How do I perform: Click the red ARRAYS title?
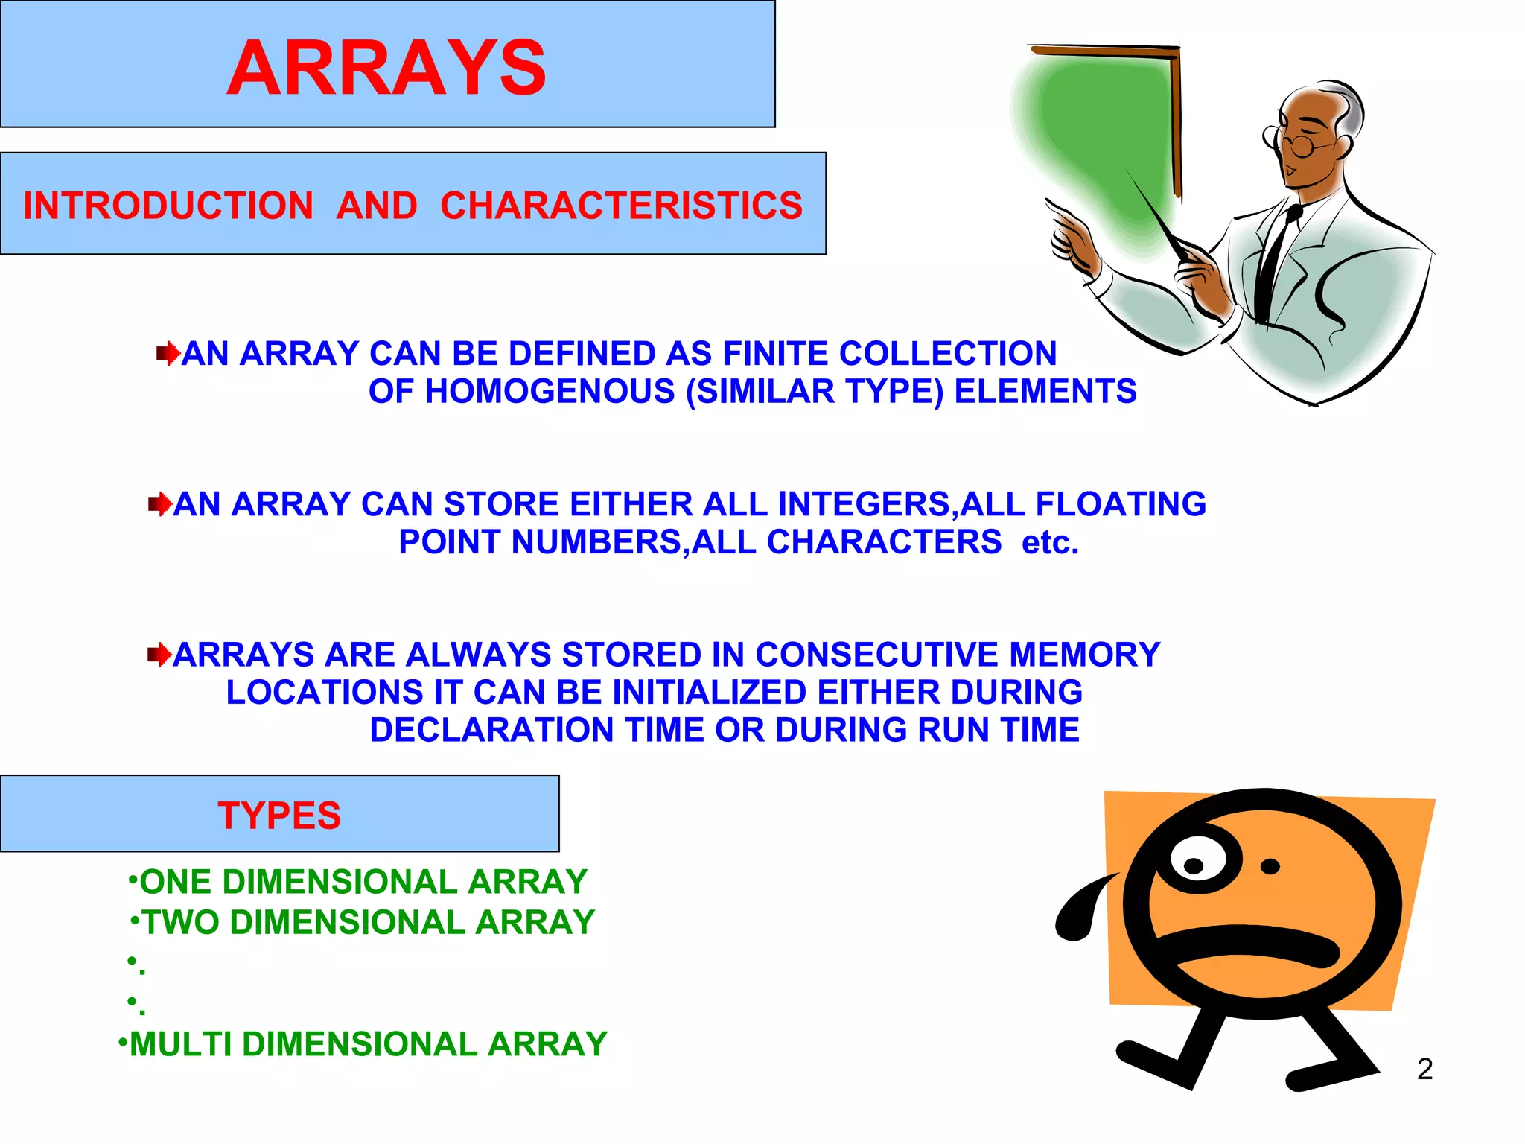pyautogui.click(x=386, y=69)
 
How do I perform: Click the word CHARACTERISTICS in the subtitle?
pyautogui.click(x=621, y=206)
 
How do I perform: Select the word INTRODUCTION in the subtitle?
pyautogui.click(x=168, y=206)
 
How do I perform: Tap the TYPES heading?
pyautogui.click(x=279, y=816)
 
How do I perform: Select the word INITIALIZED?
pyautogui.click(x=710, y=693)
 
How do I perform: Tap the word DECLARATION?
pyautogui.click(x=491, y=730)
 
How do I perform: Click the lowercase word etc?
pyautogui.click(x=1050, y=542)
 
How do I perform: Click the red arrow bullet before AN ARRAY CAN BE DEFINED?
pyautogui.click(x=168, y=353)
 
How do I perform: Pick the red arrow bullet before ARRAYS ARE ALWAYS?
pyautogui.click(x=159, y=655)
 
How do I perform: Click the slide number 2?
pyautogui.click(x=1424, y=1070)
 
